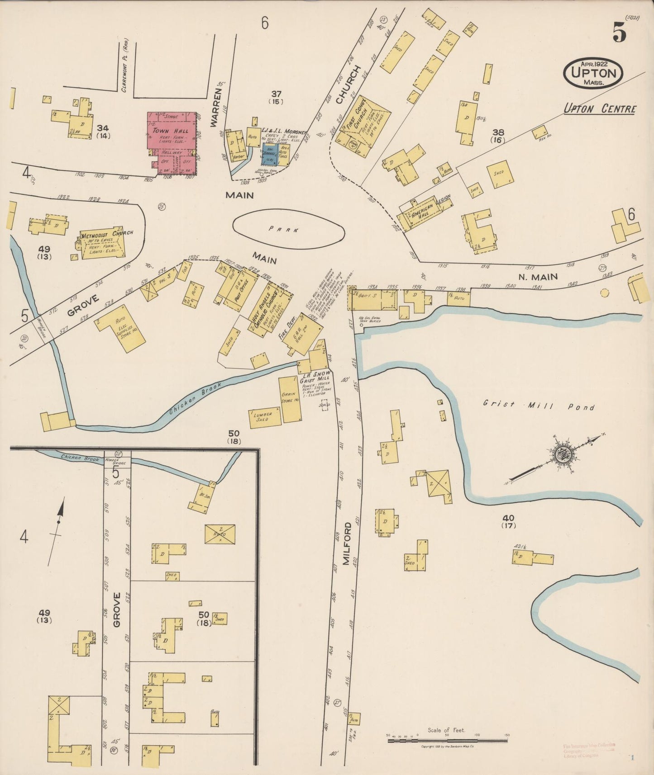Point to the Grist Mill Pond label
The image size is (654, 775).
[538, 406]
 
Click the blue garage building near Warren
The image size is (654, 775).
[270, 155]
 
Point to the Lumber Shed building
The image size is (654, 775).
[264, 417]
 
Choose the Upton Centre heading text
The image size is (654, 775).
[599, 109]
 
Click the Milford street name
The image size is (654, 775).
[347, 543]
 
